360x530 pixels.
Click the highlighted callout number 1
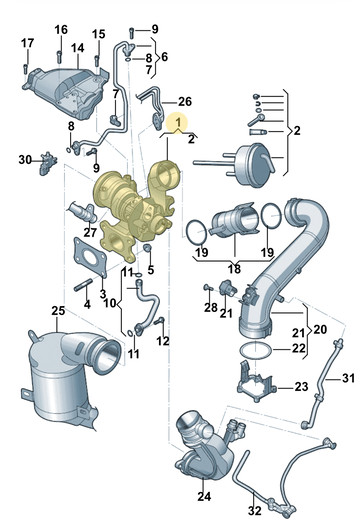tap(178, 121)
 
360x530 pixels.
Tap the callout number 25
tap(58, 311)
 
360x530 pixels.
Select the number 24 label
tap(204, 496)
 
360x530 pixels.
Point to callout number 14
tap(77, 48)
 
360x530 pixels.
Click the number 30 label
tap(25, 159)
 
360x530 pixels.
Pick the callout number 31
tap(349, 378)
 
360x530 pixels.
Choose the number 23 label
tap(301, 386)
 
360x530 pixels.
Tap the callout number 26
tap(185, 101)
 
